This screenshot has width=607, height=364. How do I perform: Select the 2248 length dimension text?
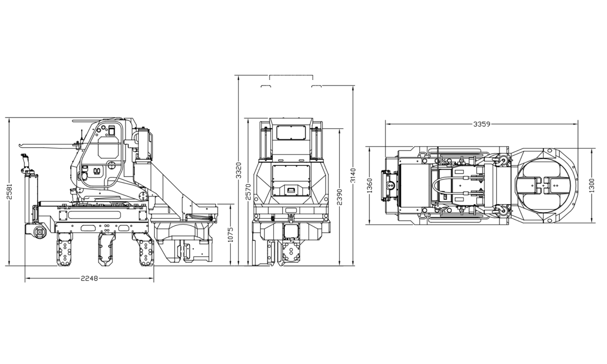pos(89,278)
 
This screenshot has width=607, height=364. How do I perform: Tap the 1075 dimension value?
pos(231,234)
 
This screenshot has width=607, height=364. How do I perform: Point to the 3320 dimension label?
pos(239,170)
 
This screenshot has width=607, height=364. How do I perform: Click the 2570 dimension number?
pos(249,192)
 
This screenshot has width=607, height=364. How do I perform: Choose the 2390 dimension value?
pos(340,197)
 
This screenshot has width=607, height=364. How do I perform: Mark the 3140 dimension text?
pos(353,176)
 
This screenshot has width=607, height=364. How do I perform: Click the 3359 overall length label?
pos(482,124)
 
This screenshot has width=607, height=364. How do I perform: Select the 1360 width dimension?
pos(369,186)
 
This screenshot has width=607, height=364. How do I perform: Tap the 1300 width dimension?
pos(592,185)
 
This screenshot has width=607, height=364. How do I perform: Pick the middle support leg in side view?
pos(105,249)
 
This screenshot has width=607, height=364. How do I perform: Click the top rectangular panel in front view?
pos(291,133)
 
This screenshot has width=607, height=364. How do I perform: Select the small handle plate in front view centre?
pos(291,190)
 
